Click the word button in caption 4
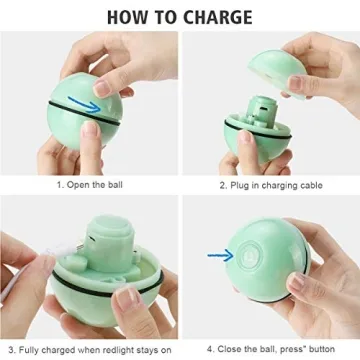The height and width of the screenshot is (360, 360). [x=325, y=348]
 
